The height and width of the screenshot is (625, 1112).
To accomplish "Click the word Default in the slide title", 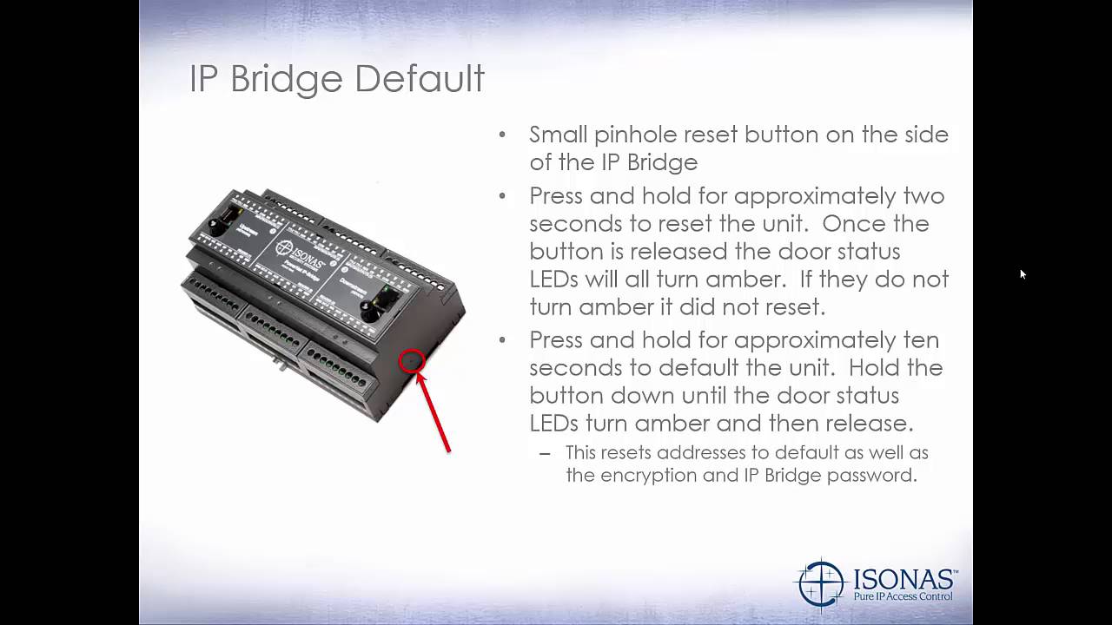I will coord(419,79).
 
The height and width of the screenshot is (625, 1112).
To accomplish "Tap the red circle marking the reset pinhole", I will coord(412,361).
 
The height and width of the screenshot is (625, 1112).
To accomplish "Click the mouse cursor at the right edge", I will coord(1023,274).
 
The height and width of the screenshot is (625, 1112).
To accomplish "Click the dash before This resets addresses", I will coord(545,453).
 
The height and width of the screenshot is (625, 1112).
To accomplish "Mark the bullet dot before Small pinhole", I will coord(502,135).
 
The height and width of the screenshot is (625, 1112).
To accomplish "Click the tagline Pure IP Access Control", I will coord(903,596).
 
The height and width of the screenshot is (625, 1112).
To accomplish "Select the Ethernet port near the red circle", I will coord(383,304).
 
